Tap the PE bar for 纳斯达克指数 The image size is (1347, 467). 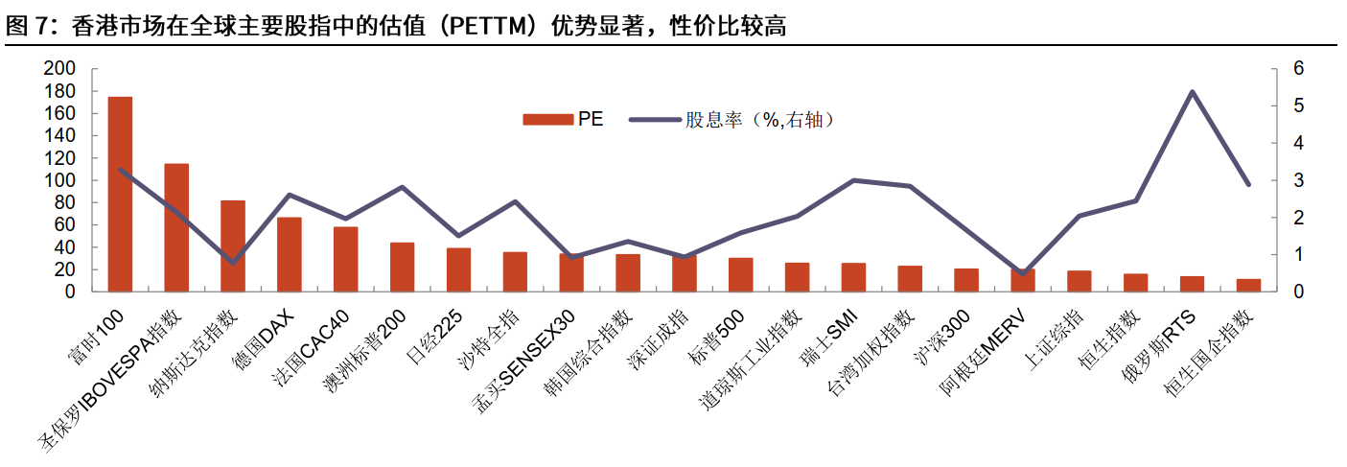click(x=233, y=245)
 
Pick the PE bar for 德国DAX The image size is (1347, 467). click(x=290, y=254)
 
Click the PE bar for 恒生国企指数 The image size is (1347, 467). click(x=1248, y=285)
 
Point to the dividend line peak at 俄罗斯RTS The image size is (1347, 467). click(x=1192, y=92)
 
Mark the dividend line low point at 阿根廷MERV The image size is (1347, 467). click(x=1023, y=273)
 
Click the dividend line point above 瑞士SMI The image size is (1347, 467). click(x=853, y=180)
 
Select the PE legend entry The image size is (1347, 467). click(x=563, y=120)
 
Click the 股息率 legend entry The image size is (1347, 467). click(x=729, y=120)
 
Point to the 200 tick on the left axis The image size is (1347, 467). click(x=59, y=69)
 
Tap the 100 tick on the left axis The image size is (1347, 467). click(x=59, y=180)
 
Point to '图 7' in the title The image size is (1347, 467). click(x=26, y=27)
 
